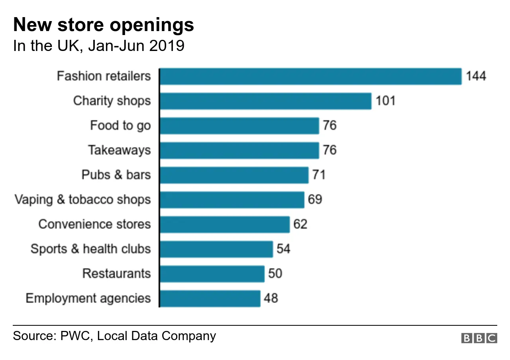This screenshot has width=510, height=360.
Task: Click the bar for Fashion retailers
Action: (310, 76)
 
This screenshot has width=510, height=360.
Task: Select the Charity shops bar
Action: (265, 101)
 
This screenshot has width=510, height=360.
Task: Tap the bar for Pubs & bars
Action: (234, 175)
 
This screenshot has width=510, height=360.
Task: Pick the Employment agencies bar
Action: (210, 298)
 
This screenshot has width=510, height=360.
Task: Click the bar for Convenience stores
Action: (225, 224)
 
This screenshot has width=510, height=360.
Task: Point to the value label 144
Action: (476, 76)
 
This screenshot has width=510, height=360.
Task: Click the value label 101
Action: (385, 101)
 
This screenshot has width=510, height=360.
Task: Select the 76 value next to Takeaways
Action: (330, 150)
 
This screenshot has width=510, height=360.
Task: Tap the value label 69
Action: (315, 200)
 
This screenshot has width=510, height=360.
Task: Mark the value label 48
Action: (271, 298)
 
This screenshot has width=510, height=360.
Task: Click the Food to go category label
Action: (120, 126)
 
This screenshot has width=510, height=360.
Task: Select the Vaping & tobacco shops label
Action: (83, 200)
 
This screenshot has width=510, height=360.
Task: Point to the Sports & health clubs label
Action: (91, 249)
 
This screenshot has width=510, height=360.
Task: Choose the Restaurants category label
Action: (117, 274)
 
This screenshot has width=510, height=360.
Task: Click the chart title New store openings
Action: (104, 25)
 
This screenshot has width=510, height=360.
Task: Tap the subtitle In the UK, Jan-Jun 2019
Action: (99, 46)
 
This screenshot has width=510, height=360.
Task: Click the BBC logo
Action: (479, 338)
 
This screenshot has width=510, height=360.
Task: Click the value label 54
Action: (283, 249)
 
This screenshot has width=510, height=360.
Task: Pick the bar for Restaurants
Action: (212, 274)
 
